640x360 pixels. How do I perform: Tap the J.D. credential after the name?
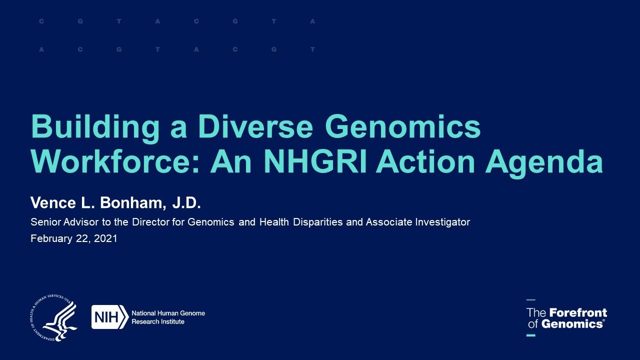186,202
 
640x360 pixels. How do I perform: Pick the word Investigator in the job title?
442,222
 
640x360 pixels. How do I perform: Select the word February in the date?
50,239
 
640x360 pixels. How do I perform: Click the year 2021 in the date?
106,238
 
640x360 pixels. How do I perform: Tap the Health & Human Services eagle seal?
54,317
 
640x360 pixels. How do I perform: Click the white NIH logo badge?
109,317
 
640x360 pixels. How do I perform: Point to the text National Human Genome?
168,313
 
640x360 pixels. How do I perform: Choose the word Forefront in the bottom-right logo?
578,313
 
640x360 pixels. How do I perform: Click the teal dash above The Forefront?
530,300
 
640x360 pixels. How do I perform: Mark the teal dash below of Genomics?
530,335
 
